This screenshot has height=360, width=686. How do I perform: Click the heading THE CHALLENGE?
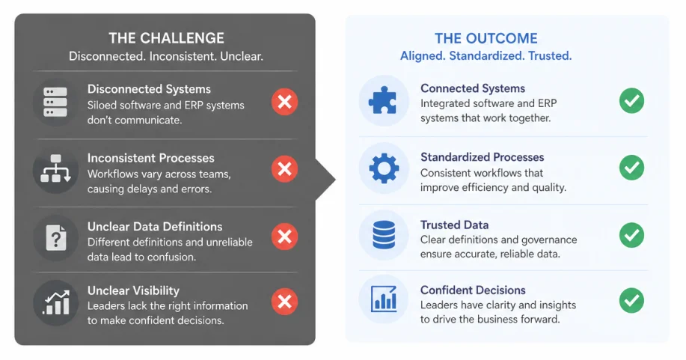(x=166, y=38)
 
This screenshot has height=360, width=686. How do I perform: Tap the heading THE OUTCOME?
(x=486, y=38)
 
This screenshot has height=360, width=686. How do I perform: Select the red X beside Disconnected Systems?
(x=284, y=102)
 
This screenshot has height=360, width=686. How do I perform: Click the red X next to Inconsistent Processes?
(x=284, y=168)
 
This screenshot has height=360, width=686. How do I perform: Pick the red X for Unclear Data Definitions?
(x=284, y=237)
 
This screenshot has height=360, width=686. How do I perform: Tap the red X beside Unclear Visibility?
(x=284, y=302)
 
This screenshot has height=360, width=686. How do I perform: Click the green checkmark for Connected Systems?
(x=631, y=101)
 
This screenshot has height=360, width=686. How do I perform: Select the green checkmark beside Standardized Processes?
(x=631, y=168)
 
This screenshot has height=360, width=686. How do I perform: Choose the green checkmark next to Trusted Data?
(x=631, y=235)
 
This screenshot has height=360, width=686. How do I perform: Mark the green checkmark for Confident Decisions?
(x=631, y=300)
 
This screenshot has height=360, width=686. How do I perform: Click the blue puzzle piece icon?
(x=383, y=101)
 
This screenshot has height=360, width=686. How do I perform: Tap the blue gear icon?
(x=384, y=168)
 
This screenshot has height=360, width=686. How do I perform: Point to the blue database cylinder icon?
(x=384, y=235)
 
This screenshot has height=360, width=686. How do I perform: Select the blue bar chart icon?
(x=384, y=299)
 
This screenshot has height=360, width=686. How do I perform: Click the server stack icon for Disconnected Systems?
(x=55, y=102)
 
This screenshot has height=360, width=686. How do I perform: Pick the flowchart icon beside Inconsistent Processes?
(x=55, y=168)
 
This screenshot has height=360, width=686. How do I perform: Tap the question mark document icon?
(x=56, y=238)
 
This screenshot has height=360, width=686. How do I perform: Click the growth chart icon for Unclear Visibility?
(x=56, y=302)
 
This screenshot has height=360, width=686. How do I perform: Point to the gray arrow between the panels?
(x=325, y=180)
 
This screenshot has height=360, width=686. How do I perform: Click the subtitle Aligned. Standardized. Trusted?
(x=486, y=56)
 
